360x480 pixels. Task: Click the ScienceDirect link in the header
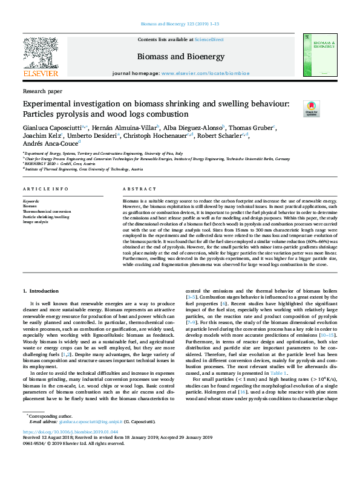tap(209, 39)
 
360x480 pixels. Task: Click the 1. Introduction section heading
tap(41, 292)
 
